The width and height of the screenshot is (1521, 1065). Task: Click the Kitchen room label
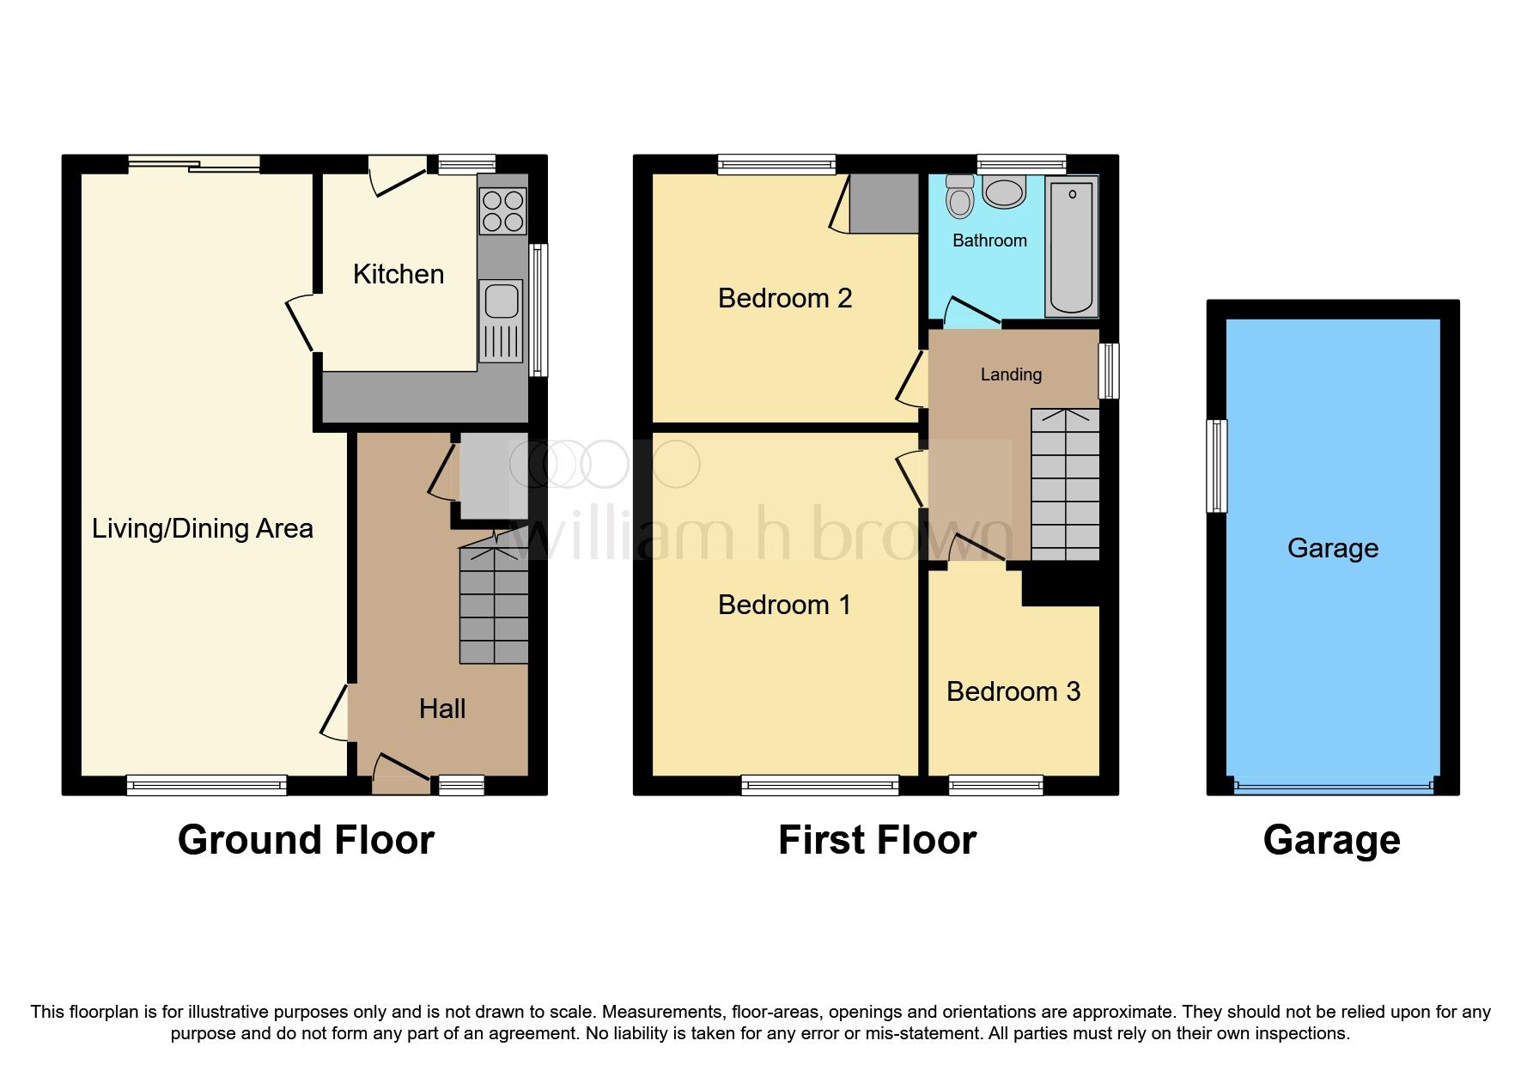[x=399, y=274]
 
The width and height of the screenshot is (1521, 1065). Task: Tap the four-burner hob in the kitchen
[x=503, y=210]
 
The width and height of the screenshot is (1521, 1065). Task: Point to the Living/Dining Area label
[x=202, y=528]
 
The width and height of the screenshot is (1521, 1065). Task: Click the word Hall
[x=442, y=709]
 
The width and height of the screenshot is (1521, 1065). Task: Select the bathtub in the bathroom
[x=1071, y=247]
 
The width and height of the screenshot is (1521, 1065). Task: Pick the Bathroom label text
[x=989, y=240]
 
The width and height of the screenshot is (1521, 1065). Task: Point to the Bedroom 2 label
[x=784, y=298]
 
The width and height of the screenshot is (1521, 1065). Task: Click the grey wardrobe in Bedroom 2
[x=884, y=204]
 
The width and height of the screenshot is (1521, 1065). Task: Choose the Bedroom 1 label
[x=784, y=605]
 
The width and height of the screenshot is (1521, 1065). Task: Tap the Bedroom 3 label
[x=1013, y=691]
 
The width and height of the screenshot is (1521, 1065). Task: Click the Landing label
[x=1011, y=374]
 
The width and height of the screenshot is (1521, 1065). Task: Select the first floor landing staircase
[x=1065, y=485]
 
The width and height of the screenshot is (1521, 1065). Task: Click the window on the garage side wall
[x=1216, y=466]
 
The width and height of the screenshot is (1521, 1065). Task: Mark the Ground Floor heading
[x=306, y=840]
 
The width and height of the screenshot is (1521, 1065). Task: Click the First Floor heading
[x=877, y=840]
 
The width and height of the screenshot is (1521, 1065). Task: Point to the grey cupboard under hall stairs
[x=492, y=478]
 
